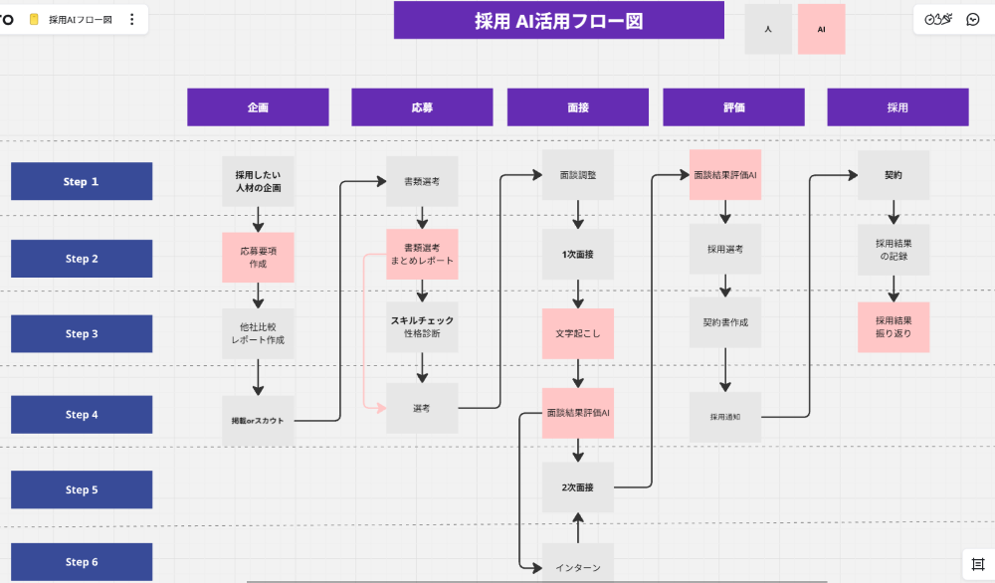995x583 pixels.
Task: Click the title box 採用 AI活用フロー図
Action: coord(558,20)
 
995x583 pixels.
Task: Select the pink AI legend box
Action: coord(821,29)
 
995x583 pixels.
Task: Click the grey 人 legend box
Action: coord(768,29)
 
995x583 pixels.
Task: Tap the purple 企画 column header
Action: coord(258,107)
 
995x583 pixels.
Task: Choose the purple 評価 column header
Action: coord(733,107)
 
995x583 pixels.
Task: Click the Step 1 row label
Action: coord(82,182)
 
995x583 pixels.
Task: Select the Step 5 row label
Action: coord(82,489)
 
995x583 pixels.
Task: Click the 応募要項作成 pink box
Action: coord(258,258)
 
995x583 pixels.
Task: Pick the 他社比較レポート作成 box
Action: coord(258,333)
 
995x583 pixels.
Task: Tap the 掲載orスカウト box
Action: coord(258,420)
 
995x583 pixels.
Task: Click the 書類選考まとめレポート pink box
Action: coord(422,254)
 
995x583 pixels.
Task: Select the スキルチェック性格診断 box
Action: coord(422,327)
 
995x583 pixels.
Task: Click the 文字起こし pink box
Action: coord(577,333)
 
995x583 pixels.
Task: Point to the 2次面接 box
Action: coord(577,487)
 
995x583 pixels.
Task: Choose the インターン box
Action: coord(577,565)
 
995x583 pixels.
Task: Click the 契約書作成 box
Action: coord(725,322)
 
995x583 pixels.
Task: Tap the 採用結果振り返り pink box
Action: coord(894,327)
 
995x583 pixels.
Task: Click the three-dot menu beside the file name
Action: coord(132,20)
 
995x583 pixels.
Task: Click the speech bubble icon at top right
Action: coord(973,19)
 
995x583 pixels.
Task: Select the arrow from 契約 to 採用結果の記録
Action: coord(894,212)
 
